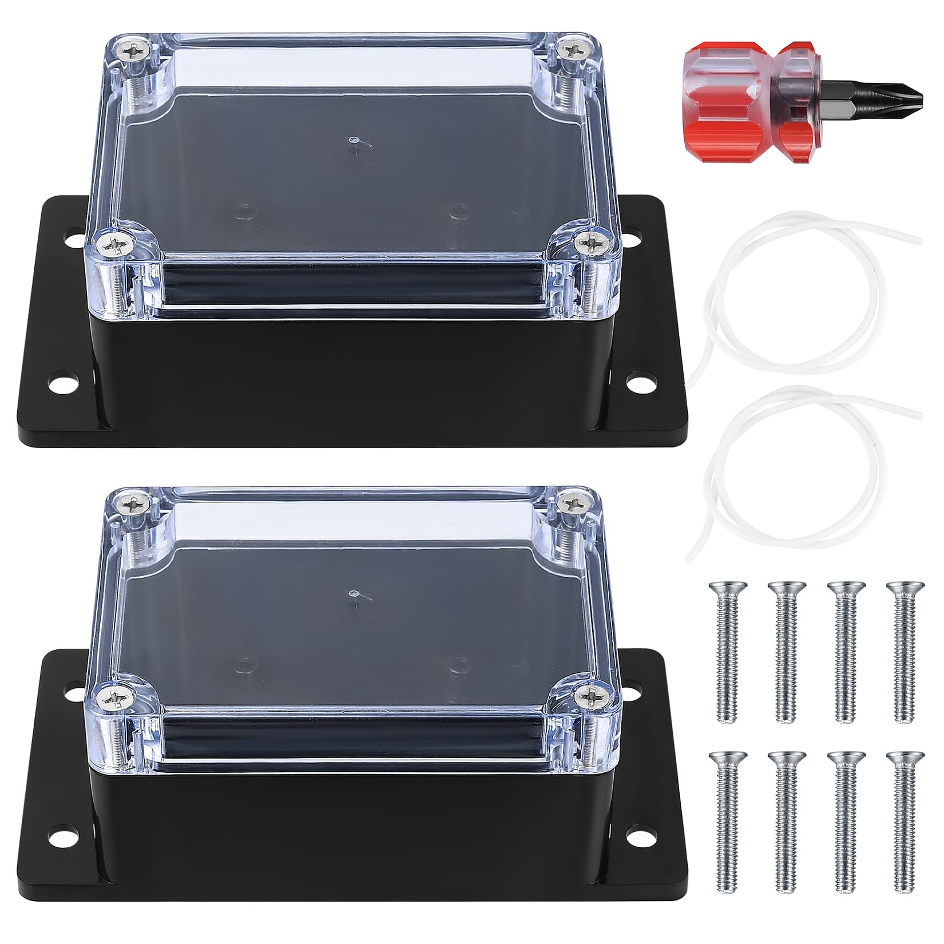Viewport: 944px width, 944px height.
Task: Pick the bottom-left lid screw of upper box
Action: [x=109, y=245]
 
